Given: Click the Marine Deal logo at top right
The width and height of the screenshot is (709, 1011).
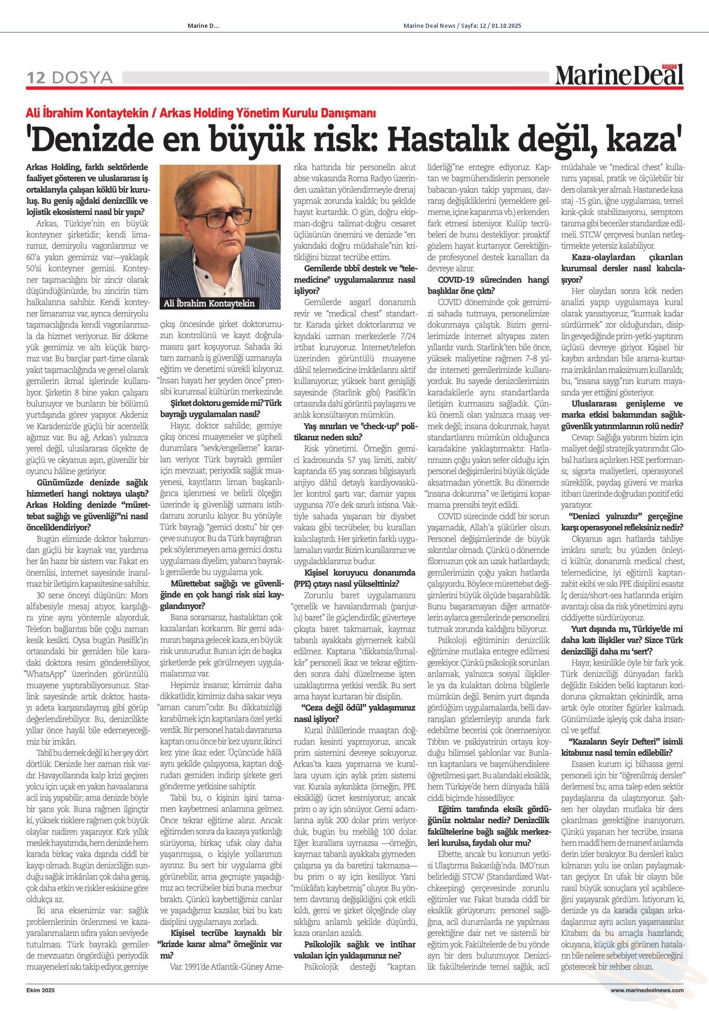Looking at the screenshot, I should tap(619, 75).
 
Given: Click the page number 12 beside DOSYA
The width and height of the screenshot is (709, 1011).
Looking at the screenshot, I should tap(36, 77).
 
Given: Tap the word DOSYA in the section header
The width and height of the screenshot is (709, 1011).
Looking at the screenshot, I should tap(82, 77).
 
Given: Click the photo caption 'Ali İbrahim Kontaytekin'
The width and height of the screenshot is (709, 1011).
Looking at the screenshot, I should tap(209, 303).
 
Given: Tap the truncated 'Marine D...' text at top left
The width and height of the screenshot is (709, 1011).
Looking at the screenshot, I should tap(203, 26).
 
